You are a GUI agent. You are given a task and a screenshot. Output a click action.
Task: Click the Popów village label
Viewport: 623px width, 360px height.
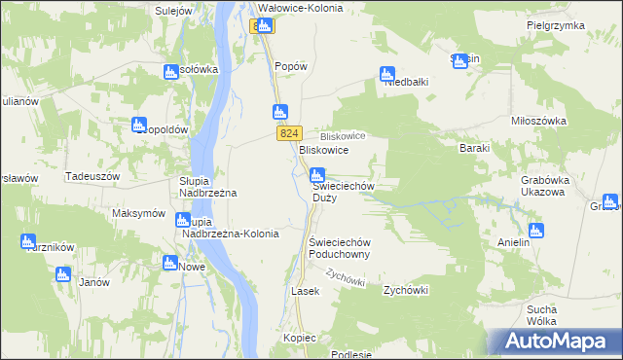pos(291,66)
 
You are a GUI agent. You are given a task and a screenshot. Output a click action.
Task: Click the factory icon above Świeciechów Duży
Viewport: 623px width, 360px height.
pos(316,176)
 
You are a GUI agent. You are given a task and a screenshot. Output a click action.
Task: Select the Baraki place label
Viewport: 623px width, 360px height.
pos(474,149)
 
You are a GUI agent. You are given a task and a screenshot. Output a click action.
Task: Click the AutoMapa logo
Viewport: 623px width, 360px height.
pos(555,342)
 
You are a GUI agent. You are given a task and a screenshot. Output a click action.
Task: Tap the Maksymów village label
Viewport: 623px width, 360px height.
pos(138,213)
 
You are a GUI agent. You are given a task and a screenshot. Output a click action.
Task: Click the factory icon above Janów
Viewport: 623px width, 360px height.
pos(63,273)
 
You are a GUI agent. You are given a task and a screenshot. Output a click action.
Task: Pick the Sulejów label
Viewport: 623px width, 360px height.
pos(176,10)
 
